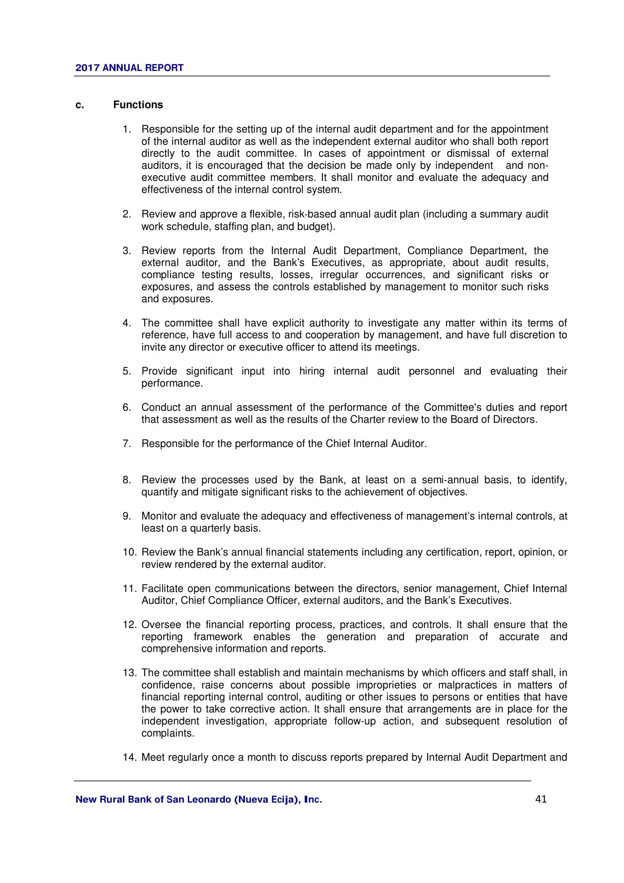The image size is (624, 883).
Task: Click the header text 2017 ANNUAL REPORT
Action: tap(129, 68)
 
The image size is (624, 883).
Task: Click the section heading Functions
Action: tap(138, 105)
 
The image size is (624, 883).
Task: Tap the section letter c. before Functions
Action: tap(80, 105)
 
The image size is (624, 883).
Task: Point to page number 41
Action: tap(541, 799)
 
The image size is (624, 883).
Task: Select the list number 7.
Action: tap(127, 444)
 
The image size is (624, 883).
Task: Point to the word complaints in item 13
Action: tap(168, 733)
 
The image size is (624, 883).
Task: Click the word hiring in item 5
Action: tap(312, 371)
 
